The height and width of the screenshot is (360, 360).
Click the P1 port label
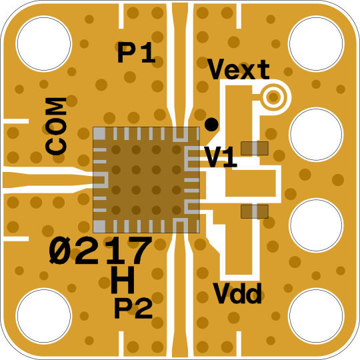137,53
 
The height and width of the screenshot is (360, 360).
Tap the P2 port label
133,309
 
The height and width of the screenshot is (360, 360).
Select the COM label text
56,126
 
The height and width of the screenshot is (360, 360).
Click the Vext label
238,69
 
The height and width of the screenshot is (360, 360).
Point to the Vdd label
237,293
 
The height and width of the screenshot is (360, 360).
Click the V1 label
221,157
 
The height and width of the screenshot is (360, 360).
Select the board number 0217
101,250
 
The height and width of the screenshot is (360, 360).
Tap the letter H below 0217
123,279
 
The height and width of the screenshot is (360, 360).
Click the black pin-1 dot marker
211,125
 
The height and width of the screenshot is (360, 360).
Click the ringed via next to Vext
273,97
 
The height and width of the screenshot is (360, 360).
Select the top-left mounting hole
44,43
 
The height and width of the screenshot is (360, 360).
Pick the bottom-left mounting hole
44,316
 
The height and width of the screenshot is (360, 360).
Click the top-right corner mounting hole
316,43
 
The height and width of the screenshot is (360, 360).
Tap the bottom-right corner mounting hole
316,316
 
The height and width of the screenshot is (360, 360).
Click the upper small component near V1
255,148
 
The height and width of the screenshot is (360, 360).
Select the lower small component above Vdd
255,211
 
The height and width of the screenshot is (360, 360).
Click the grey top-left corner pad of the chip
99,133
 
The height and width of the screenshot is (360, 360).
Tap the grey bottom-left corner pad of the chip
99,226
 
